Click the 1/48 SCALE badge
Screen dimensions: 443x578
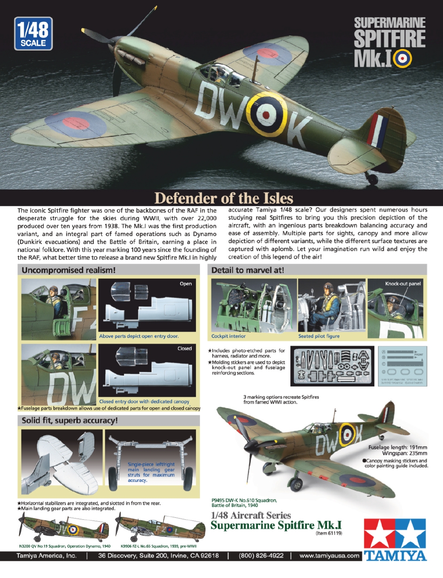tap(33, 34)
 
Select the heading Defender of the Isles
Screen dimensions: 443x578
tap(223, 198)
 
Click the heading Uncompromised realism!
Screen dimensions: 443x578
tap(68, 270)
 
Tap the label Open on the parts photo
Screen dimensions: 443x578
tap(186, 284)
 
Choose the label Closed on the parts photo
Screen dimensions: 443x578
tap(185, 348)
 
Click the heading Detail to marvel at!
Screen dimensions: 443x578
tap(247, 270)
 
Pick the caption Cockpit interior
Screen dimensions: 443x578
tap(228, 336)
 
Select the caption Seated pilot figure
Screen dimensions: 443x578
tap(319, 336)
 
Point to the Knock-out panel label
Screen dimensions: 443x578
tap(403, 283)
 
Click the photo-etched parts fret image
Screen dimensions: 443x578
tap(332, 366)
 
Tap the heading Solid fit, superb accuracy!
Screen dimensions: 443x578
tap(70, 421)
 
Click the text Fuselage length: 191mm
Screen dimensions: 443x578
tap(398, 447)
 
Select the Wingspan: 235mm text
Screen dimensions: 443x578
tap(404, 453)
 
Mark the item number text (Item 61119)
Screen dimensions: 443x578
tap(329, 533)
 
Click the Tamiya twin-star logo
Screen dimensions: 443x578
tap(394, 533)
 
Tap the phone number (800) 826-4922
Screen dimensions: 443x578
tap(261, 556)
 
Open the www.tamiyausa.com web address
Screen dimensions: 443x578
tap(329, 556)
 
